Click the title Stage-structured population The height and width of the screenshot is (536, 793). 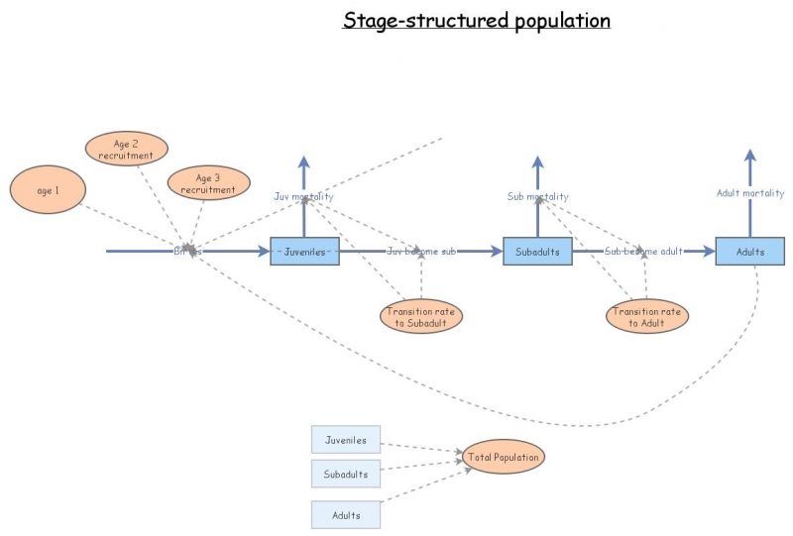[477, 20]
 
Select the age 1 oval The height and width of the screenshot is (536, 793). [45, 191]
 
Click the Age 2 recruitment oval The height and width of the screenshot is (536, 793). [126, 150]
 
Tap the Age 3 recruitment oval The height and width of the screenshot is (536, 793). [208, 183]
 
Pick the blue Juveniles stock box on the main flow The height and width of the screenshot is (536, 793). [305, 252]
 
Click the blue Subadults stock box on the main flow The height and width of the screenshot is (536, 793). [537, 252]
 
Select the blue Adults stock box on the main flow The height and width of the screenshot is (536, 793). [749, 252]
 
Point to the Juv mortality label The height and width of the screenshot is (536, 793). [303, 196]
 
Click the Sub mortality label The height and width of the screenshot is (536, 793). [537, 196]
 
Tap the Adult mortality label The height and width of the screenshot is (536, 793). [750, 193]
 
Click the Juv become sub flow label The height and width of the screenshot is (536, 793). [420, 252]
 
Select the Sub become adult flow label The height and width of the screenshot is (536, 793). [643, 252]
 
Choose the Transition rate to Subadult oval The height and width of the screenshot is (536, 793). [421, 316]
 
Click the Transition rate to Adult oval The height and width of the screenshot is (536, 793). [647, 316]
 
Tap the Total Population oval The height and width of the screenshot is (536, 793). [504, 457]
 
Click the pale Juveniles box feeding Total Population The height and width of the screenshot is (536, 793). [345, 440]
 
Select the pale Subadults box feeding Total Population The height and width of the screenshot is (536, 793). [345, 474]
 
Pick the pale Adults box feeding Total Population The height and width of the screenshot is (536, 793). [345, 515]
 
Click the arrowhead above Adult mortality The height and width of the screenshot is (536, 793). [750, 156]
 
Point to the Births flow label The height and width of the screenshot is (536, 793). [187, 252]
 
